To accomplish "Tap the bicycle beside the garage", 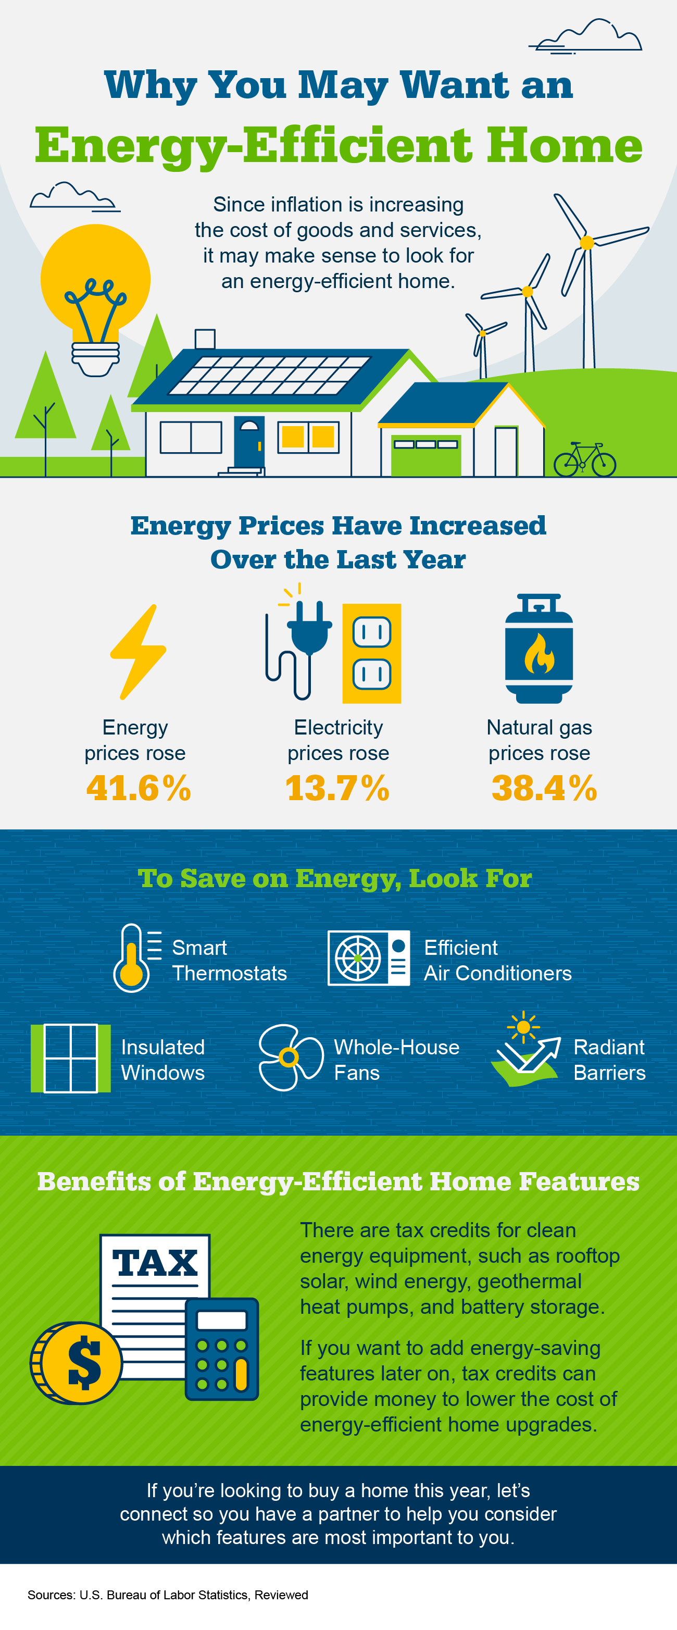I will tap(585, 461).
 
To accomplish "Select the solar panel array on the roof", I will tap(269, 375).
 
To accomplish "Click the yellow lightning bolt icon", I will tap(138, 652).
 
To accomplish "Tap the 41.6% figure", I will tap(139, 788).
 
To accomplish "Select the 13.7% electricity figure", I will tap(337, 788).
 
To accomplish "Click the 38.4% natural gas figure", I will tap(544, 788).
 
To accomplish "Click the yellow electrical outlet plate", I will tap(371, 654).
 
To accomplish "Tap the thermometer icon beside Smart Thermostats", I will tap(132, 959).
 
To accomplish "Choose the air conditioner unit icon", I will tap(368, 958).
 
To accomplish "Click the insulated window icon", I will tap(70, 1058).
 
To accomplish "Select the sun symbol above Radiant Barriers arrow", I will tap(523, 1026).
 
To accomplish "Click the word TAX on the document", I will tap(155, 1262).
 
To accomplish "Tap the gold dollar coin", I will tap(77, 1362).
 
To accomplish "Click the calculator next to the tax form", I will tap(221, 1348).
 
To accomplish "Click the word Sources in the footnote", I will tap(51, 1595).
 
